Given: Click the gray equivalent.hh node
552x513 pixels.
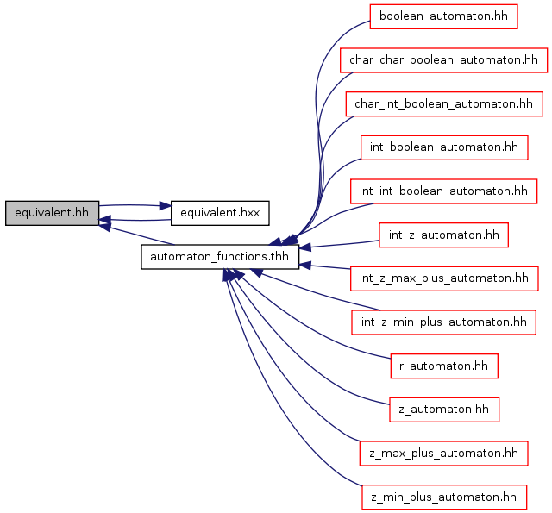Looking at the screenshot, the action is [52, 213].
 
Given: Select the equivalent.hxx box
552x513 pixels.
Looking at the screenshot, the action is [220, 213].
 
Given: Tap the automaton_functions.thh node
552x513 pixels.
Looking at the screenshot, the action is [220, 257].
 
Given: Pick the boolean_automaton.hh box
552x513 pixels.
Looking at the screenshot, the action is [443, 16].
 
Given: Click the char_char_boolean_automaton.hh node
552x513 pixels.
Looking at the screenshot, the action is [443, 60].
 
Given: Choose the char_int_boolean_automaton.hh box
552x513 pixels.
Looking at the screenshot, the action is [444, 104].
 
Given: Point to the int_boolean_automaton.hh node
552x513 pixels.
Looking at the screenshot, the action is [444, 147].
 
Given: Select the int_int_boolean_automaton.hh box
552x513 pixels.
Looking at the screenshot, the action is [443, 191].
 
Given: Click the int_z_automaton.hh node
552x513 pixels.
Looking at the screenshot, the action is [443, 235].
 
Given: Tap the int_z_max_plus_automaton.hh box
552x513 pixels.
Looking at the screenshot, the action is [444, 278].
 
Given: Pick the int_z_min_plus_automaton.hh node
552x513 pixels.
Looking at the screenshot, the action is [443, 322].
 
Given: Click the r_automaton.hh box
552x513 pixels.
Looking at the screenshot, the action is [444, 366].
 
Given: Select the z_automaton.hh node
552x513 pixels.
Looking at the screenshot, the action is [444, 410].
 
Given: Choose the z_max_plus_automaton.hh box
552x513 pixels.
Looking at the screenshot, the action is [443, 454].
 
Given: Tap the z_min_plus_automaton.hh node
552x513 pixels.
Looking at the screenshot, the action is [444, 497].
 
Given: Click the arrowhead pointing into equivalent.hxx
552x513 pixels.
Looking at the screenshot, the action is [165, 206].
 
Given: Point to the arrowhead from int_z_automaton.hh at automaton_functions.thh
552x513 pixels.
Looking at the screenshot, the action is [304, 247].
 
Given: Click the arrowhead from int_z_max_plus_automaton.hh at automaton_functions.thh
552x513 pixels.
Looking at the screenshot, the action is [304, 266].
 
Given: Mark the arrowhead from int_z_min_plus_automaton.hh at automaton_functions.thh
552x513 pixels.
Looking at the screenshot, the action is [256, 272].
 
